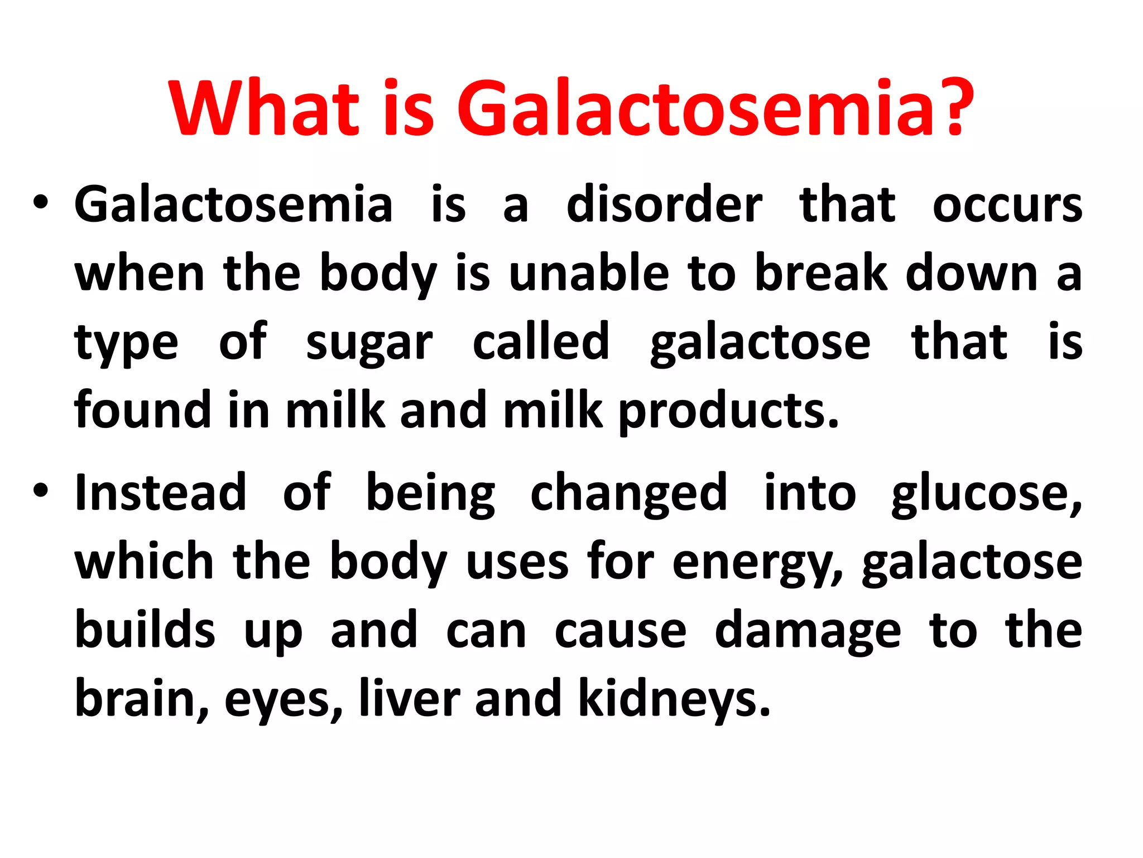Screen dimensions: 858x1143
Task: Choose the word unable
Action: (x=589, y=274)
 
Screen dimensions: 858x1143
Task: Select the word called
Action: (x=541, y=342)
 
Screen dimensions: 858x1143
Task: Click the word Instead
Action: (x=161, y=493)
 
